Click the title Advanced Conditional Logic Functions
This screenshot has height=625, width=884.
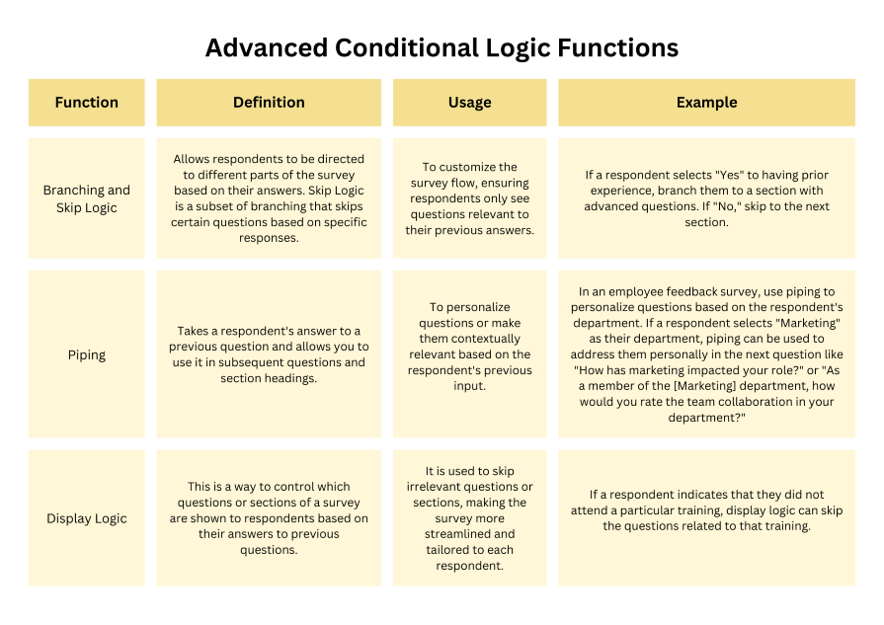pyautogui.click(x=442, y=47)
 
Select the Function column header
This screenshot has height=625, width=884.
pyautogui.click(x=87, y=103)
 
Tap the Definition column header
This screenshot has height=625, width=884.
pyautogui.click(x=269, y=103)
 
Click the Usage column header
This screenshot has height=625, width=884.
pyautogui.click(x=469, y=103)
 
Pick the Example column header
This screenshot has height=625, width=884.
pyautogui.click(x=706, y=103)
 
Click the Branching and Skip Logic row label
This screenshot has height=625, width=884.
pyautogui.click(x=87, y=198)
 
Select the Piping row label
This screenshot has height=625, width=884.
pyautogui.click(x=87, y=354)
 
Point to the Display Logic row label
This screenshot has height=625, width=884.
pyautogui.click(x=87, y=518)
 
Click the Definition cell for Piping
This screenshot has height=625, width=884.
pyautogui.click(x=269, y=354)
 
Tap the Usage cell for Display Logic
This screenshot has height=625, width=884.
pyautogui.click(x=469, y=518)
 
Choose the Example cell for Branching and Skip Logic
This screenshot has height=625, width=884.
pyautogui.click(x=706, y=198)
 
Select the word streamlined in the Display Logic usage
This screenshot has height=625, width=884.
pyautogui.click(x=469, y=534)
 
